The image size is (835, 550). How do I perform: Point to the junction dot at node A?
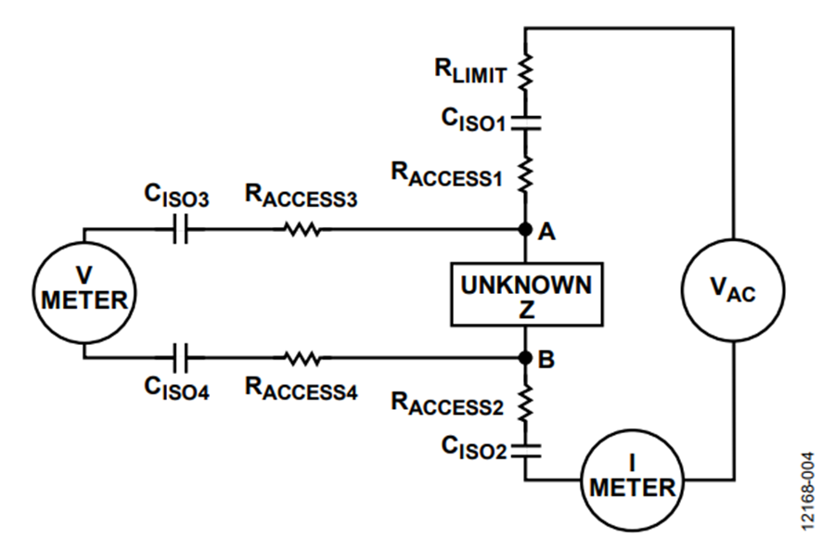click(x=525, y=229)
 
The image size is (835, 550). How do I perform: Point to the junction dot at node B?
click(x=525, y=358)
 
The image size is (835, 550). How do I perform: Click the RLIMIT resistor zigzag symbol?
click(x=525, y=70)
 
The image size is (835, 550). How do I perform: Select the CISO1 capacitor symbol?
click(x=525, y=123)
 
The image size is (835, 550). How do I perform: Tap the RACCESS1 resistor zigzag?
click(x=525, y=174)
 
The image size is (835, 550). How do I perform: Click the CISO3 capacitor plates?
click(x=181, y=229)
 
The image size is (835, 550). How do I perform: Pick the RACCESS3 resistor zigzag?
click(x=302, y=229)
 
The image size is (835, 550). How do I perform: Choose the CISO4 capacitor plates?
click(x=181, y=358)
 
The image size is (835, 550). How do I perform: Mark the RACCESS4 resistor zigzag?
click(x=302, y=358)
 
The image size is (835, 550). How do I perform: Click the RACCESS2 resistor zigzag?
click(x=525, y=403)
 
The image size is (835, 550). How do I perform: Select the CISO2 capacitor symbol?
click(x=525, y=451)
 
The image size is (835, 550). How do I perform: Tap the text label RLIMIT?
click(x=470, y=71)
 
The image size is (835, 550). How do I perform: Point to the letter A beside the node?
click(x=546, y=232)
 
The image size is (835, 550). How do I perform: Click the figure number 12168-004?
click(x=808, y=491)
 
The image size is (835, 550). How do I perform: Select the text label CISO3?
click(x=176, y=196)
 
